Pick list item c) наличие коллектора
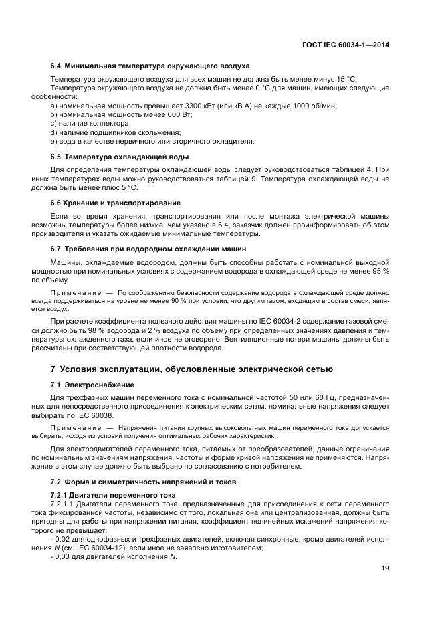point(91,124)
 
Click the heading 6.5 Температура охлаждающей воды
point(120,156)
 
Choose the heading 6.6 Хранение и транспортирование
point(116,202)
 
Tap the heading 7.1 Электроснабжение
point(92,385)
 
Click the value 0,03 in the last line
point(64,556)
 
